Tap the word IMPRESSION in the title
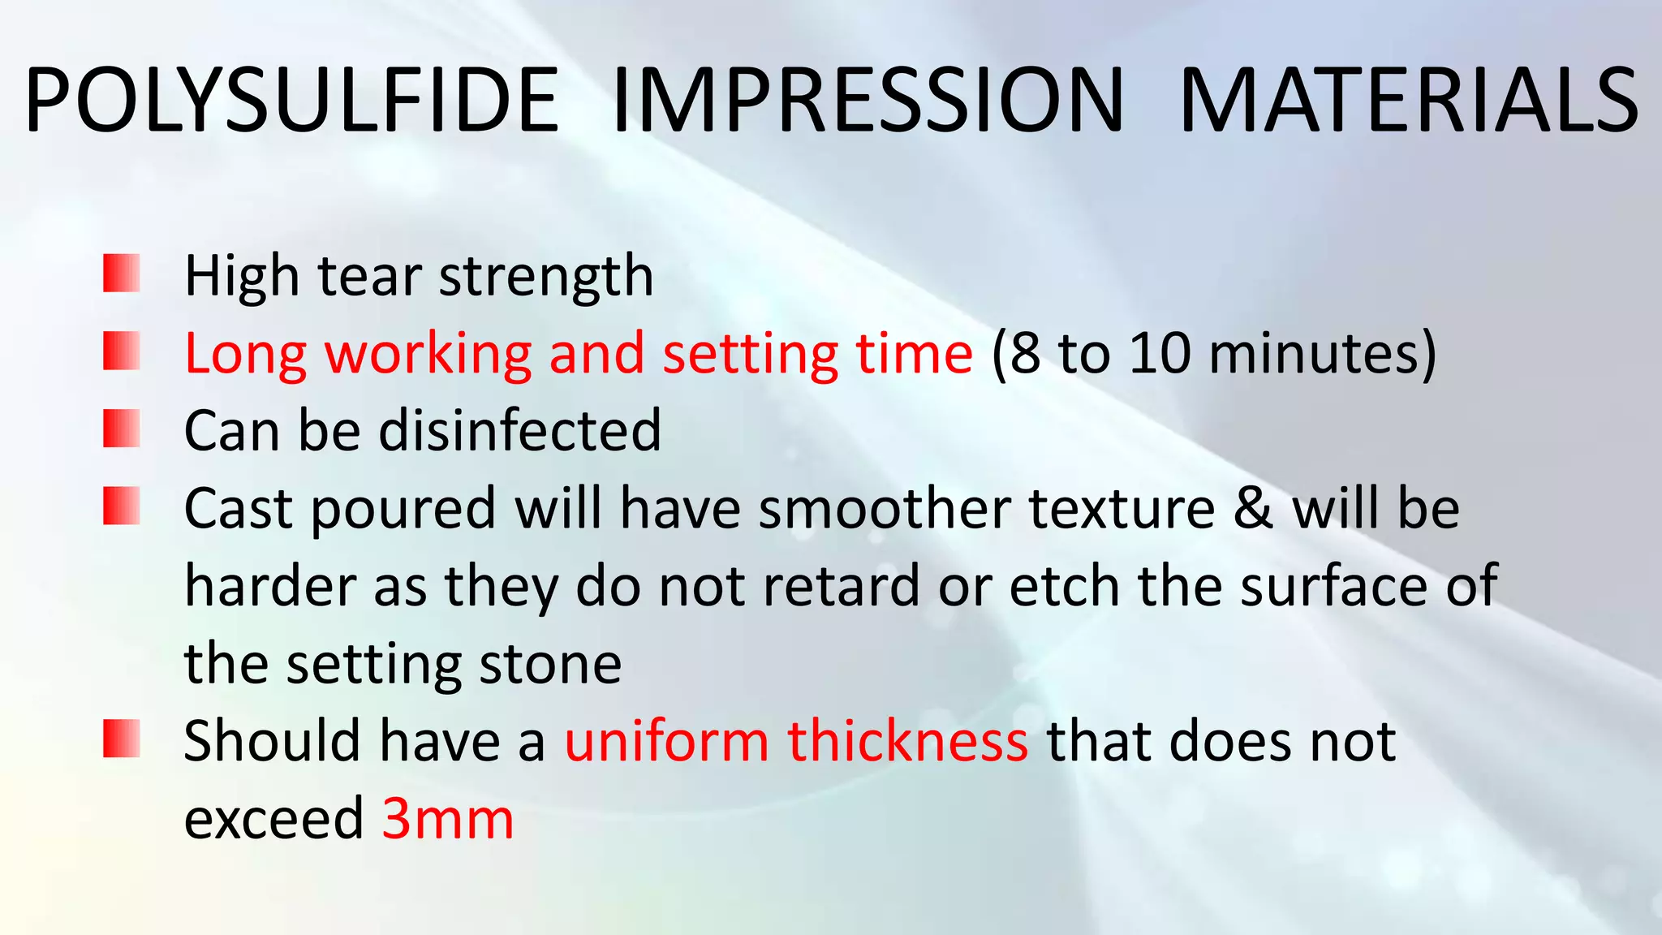tap(867, 101)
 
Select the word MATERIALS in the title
tap(1408, 101)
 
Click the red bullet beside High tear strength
tap(122, 273)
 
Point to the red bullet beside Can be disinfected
tap(122, 429)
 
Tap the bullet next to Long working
tap(122, 351)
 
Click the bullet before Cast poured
tap(122, 506)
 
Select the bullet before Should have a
tap(122, 739)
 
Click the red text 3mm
tap(448, 818)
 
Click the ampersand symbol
tap(1254, 509)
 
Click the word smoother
tap(885, 509)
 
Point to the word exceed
tap(273, 818)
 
